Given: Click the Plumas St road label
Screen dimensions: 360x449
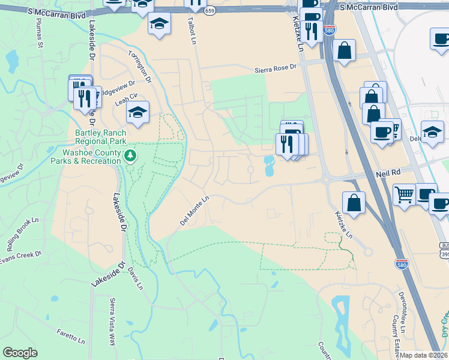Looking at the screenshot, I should (x=40, y=36).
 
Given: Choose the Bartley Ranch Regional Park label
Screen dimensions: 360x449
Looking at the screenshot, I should (x=100, y=137).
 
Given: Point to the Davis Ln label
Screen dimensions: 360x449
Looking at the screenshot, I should (x=135, y=277).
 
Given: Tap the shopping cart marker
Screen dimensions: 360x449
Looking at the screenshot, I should (x=404, y=193).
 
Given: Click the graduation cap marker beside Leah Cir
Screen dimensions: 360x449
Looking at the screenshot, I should (x=137, y=112).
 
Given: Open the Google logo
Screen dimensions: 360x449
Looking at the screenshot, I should (x=20, y=353).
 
